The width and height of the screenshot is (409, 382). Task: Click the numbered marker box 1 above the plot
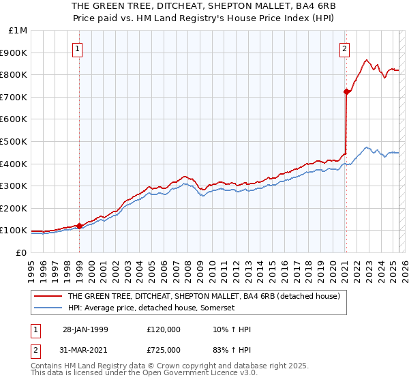click(79, 48)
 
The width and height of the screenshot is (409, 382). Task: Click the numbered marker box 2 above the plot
click(345, 48)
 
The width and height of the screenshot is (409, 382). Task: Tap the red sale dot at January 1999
click(80, 226)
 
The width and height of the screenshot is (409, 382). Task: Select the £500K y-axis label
click(15, 142)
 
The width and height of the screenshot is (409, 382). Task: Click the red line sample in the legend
click(48, 296)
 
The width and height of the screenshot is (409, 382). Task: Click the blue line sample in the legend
click(48, 308)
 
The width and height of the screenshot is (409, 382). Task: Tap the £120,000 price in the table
click(164, 329)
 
